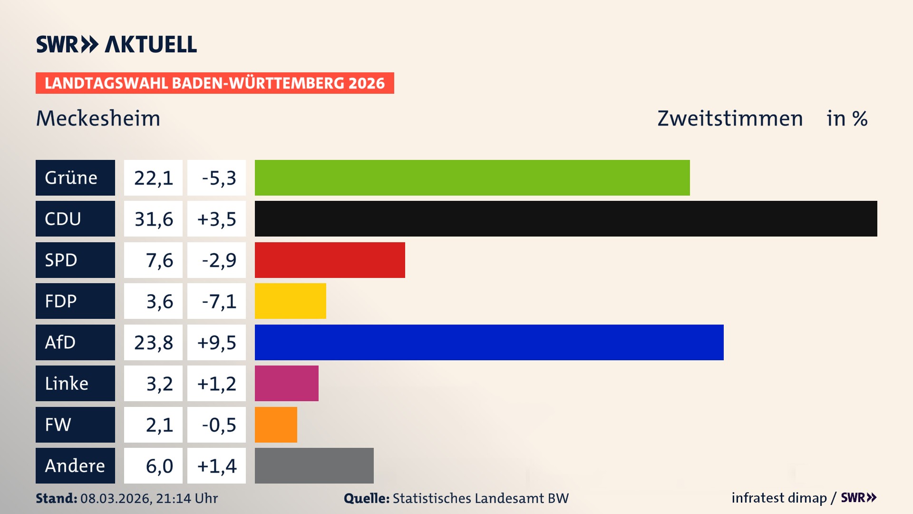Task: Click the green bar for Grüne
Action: (x=472, y=178)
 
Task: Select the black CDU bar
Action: (x=566, y=219)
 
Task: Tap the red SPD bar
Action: (x=330, y=260)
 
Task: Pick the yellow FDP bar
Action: (x=290, y=301)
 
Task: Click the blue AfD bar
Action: (x=489, y=342)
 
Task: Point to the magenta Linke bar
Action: (x=286, y=383)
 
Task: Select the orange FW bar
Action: (x=276, y=425)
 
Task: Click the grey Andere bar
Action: (x=314, y=465)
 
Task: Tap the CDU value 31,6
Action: (x=153, y=219)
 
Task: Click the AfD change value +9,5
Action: (x=216, y=342)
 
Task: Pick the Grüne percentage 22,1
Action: (x=153, y=178)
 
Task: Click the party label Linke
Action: (x=67, y=383)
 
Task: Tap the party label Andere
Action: (x=75, y=465)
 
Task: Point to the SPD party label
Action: (x=61, y=260)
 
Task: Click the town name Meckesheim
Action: (x=98, y=118)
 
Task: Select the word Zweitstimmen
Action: (x=730, y=118)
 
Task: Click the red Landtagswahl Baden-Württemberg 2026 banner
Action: (x=214, y=83)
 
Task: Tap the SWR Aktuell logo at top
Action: (x=116, y=44)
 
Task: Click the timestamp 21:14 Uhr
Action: (x=186, y=498)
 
